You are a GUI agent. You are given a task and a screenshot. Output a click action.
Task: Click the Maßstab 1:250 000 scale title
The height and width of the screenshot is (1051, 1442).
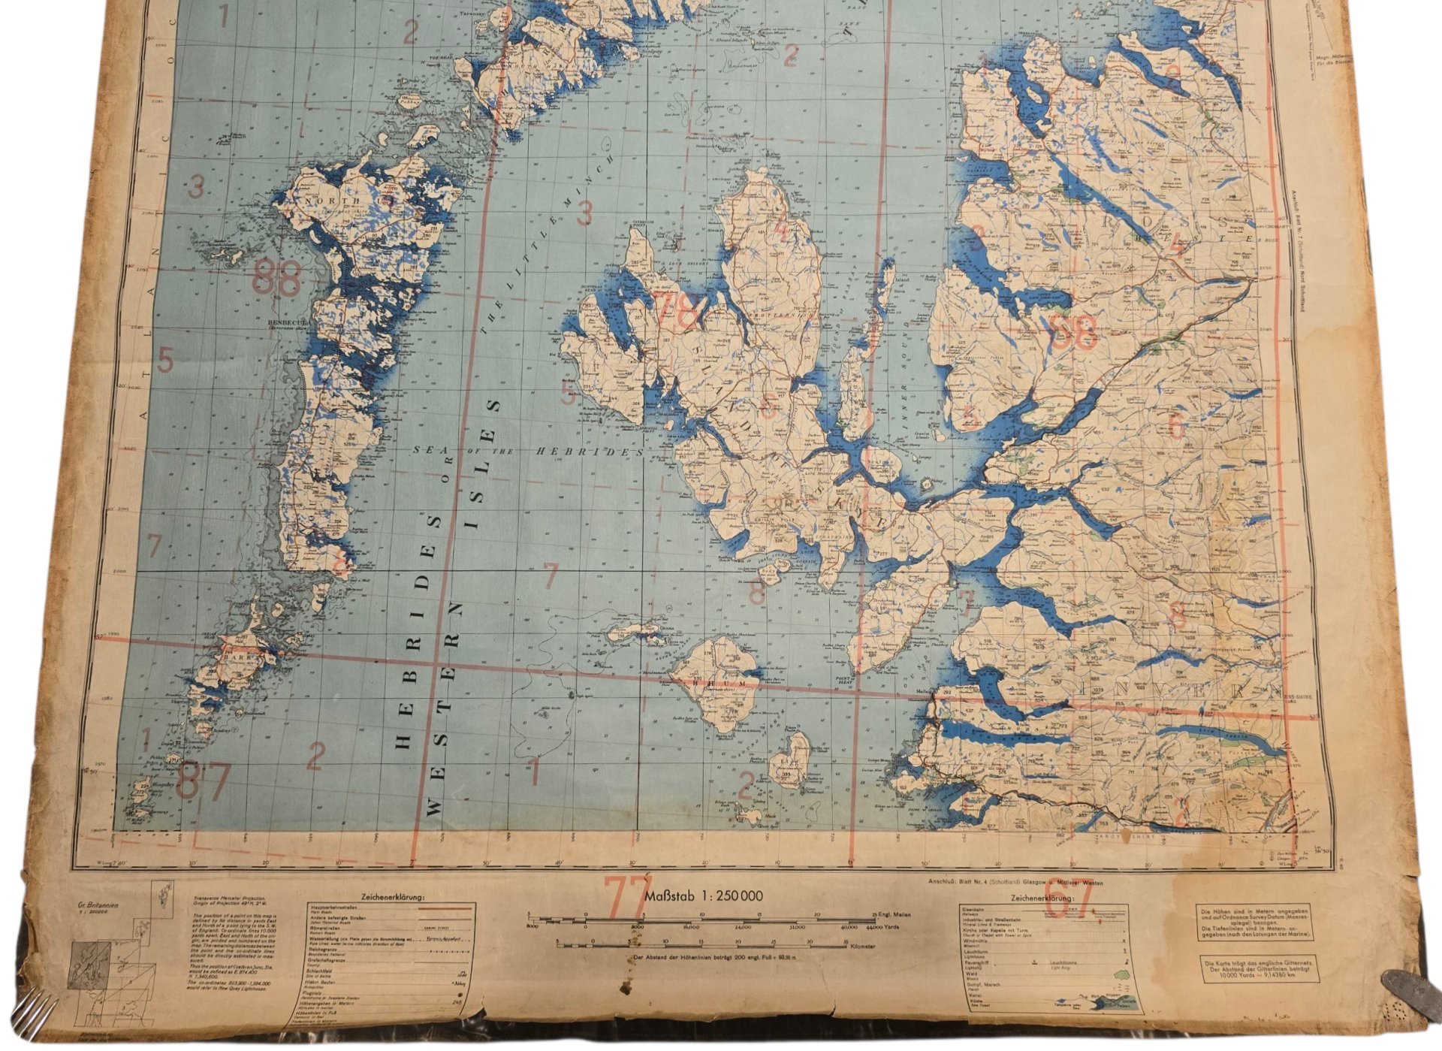(x=704, y=895)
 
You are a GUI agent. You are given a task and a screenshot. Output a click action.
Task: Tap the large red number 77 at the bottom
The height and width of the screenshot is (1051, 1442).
(x=628, y=896)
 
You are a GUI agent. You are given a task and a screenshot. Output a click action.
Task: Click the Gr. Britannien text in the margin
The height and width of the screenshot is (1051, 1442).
(x=101, y=906)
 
